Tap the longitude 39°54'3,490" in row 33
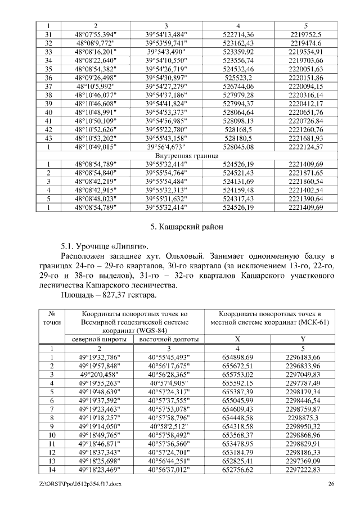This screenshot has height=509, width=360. [166, 51]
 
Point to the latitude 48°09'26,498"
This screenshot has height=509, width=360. [96, 77]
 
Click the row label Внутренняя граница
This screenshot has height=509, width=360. [180, 155]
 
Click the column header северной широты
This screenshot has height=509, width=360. [96, 340]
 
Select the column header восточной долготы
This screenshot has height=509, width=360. [166, 340]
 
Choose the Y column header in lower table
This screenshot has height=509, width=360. [303, 340]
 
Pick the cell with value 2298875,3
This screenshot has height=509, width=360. [303, 417]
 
